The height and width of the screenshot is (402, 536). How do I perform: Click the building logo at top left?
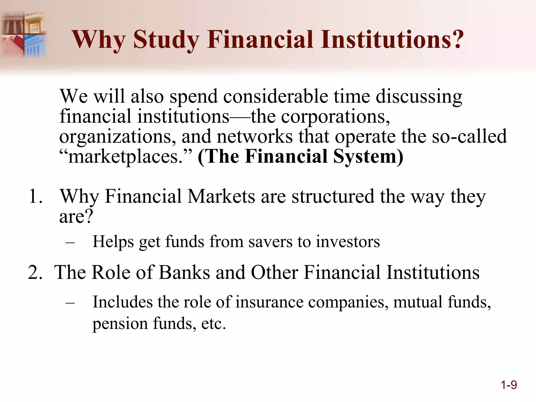point(24,34)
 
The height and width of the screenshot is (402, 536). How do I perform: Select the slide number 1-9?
point(509,385)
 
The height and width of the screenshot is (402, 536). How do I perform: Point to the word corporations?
point(335,116)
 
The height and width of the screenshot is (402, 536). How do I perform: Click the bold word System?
point(368,156)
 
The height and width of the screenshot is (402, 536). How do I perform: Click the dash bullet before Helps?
point(70,242)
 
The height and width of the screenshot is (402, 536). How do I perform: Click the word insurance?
point(269,302)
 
